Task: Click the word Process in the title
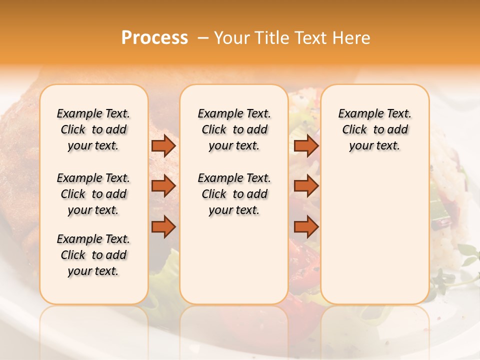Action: click(x=154, y=38)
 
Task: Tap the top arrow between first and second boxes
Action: click(x=163, y=146)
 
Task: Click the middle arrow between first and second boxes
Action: click(x=163, y=186)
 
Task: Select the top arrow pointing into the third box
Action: click(x=306, y=146)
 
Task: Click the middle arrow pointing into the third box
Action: click(x=306, y=186)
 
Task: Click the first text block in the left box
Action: click(x=93, y=129)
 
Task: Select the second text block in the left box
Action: click(x=93, y=194)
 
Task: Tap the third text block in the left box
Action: click(x=93, y=255)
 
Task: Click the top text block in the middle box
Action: click(x=234, y=129)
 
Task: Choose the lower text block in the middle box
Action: click(x=234, y=194)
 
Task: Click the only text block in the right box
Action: click(x=374, y=129)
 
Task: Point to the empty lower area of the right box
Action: click(x=374, y=230)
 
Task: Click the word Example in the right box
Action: click(x=357, y=113)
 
